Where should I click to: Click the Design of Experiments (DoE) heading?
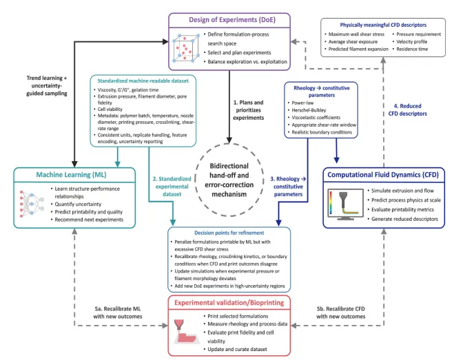(x=232, y=20)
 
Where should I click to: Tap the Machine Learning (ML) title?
(x=71, y=175)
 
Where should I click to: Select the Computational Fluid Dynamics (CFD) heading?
(x=383, y=175)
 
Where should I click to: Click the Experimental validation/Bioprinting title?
(x=229, y=303)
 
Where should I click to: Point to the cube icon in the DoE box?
(x=186, y=48)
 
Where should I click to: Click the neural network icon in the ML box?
(x=32, y=204)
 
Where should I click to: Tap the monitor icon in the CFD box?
(x=345, y=204)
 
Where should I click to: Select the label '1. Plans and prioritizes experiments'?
(x=249, y=110)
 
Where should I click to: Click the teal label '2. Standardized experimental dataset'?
(x=172, y=187)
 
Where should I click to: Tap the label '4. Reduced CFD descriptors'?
(x=407, y=109)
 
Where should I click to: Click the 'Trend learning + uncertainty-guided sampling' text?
(x=47, y=85)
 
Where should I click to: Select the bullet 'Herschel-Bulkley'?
(x=309, y=110)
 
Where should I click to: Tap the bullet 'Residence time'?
(x=412, y=49)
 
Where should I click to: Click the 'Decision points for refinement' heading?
(x=229, y=233)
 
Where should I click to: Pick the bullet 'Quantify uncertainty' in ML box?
(x=78, y=204)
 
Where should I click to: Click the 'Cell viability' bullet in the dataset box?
(x=110, y=109)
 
